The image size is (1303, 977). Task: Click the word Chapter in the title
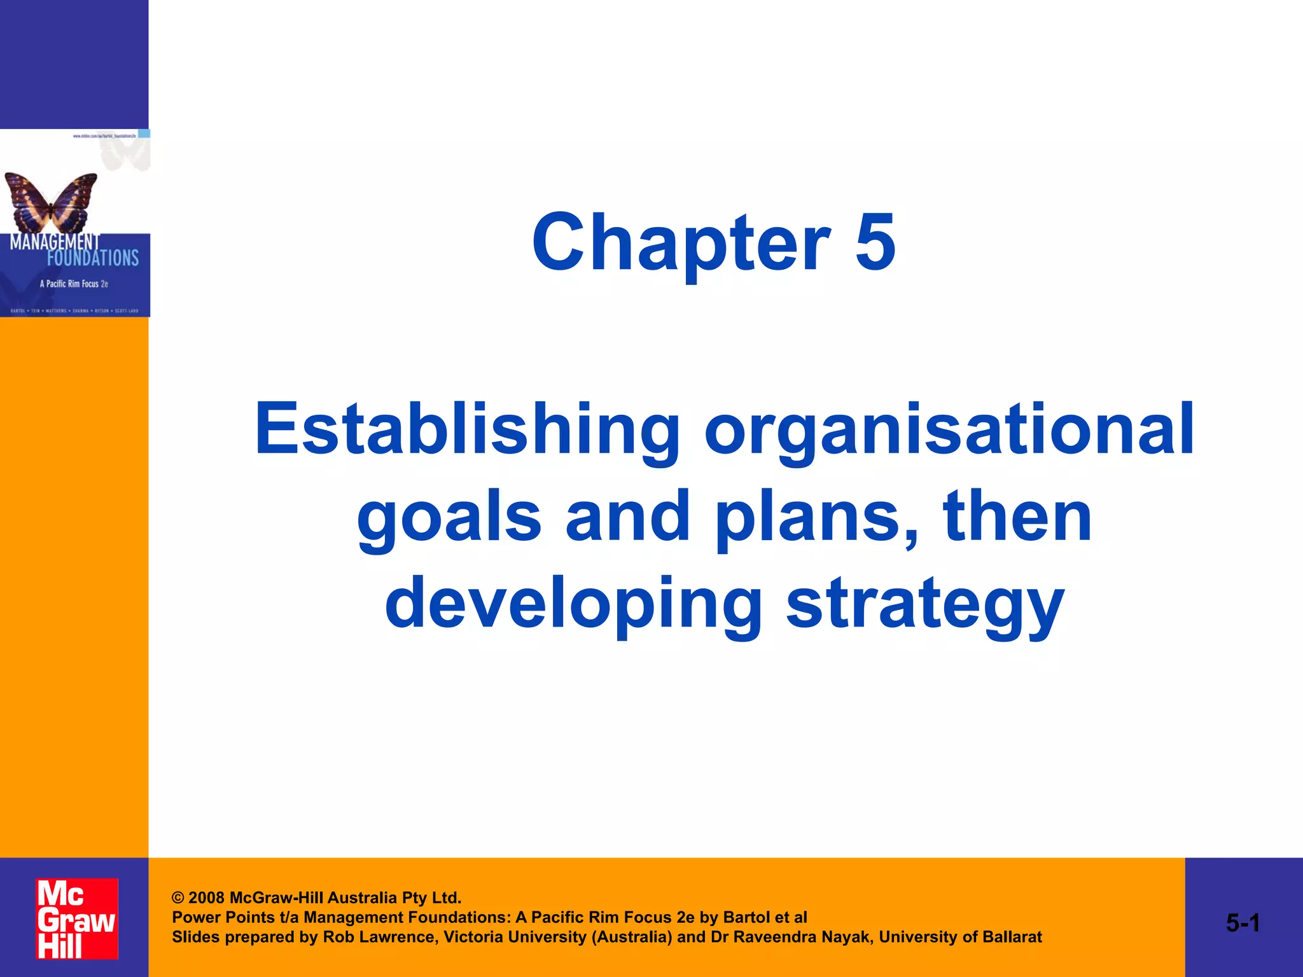click(681, 243)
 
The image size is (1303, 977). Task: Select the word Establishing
click(467, 430)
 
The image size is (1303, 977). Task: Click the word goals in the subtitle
click(449, 518)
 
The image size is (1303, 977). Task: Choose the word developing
click(573, 604)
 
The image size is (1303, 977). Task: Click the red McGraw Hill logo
click(76, 918)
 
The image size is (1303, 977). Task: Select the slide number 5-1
click(1243, 923)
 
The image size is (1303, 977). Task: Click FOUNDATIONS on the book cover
click(93, 258)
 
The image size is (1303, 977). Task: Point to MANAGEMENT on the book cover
click(55, 242)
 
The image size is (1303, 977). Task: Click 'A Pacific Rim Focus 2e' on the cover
click(74, 284)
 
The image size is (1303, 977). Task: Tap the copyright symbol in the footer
click(178, 898)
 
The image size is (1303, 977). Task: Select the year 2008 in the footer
click(206, 898)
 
